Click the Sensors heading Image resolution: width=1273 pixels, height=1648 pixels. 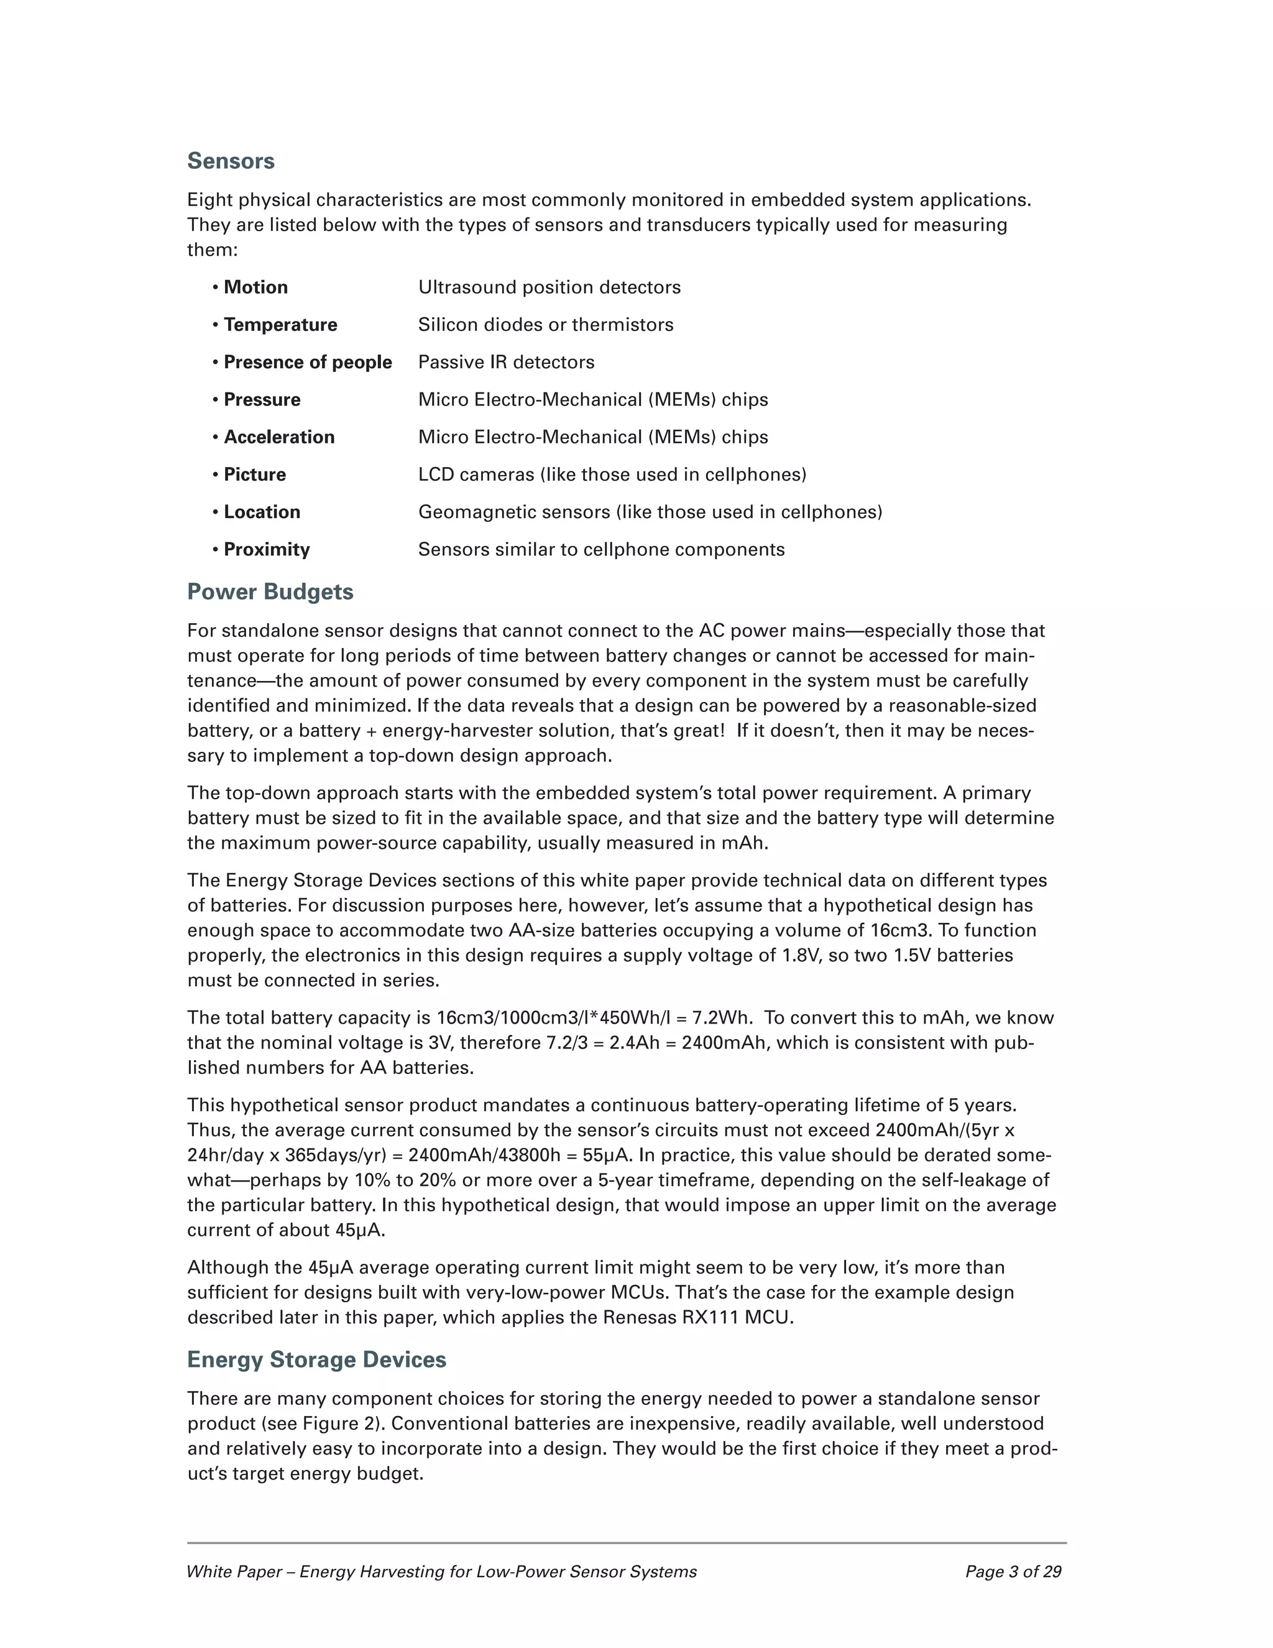[x=231, y=160]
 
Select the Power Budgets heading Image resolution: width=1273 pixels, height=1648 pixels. [x=270, y=591]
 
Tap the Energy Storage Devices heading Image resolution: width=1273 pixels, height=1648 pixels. [x=317, y=1359]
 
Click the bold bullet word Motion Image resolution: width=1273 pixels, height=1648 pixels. [x=255, y=287]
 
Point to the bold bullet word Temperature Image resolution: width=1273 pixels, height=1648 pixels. [x=280, y=325]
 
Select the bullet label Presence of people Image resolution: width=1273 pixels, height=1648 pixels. [x=308, y=362]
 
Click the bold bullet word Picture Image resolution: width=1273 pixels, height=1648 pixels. [x=255, y=474]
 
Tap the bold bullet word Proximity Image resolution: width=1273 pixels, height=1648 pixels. [x=267, y=549]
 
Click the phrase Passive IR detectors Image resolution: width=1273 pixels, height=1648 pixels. [x=506, y=362]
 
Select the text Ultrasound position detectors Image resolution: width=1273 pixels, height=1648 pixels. [x=549, y=287]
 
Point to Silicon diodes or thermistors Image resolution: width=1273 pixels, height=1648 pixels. [x=546, y=325]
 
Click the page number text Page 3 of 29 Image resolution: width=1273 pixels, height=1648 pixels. [x=1013, y=1572]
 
